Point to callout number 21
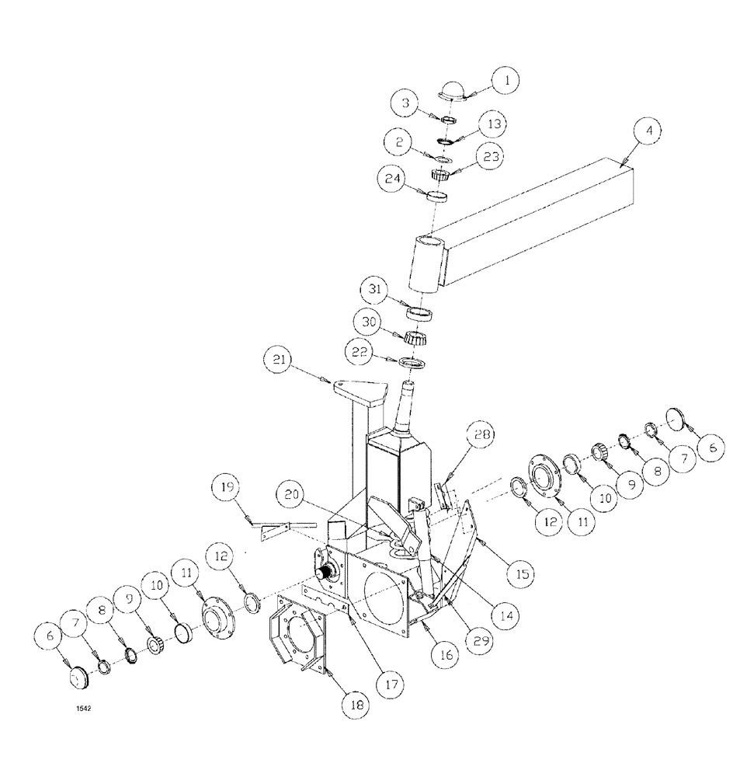coord(279,360)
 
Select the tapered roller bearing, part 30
coord(417,338)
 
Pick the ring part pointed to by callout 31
coord(419,313)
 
